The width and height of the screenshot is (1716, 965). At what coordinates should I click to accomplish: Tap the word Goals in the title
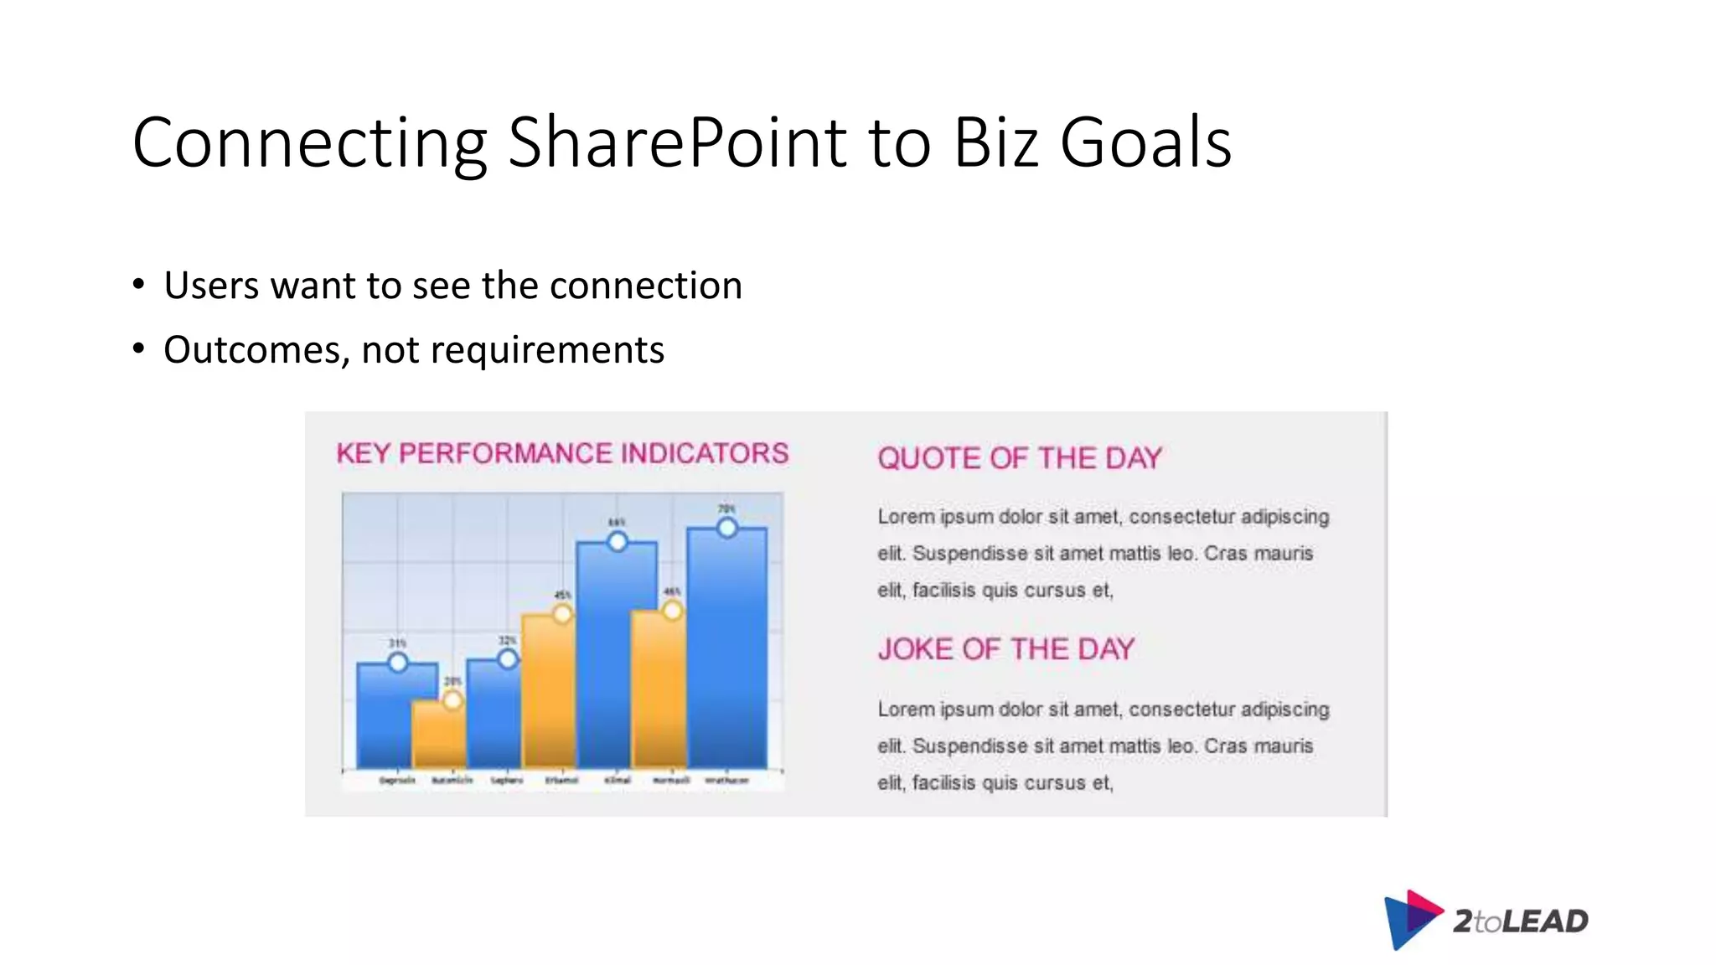[x=1145, y=143]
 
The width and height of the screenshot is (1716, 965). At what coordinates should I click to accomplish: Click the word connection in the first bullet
[x=645, y=286]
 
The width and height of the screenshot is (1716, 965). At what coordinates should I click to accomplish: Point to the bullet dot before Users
[x=138, y=284]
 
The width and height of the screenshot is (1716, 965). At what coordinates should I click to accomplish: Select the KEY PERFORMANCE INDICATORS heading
[x=562, y=453]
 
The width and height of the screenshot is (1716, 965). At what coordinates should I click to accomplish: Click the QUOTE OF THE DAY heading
[x=1020, y=458]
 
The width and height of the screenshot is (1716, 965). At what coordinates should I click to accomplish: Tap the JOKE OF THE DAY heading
[x=1005, y=649]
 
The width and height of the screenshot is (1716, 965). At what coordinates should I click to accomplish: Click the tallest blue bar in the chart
[x=726, y=653]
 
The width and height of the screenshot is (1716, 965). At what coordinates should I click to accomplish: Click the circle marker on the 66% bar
[x=618, y=542]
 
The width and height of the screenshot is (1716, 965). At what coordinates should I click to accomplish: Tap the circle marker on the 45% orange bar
[x=562, y=614]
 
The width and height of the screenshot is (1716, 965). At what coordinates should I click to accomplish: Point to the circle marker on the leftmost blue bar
[x=398, y=663]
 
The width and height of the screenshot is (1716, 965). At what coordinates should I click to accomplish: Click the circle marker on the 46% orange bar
[x=672, y=611]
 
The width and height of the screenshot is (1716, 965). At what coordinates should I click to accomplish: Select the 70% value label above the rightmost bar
[x=726, y=508]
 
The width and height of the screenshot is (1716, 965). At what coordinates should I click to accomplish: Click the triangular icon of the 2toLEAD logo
[x=1411, y=919]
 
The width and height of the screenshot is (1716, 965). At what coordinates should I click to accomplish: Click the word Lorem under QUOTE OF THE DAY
[x=906, y=517]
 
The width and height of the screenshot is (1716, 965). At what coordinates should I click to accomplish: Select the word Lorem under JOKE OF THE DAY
[x=906, y=710]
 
